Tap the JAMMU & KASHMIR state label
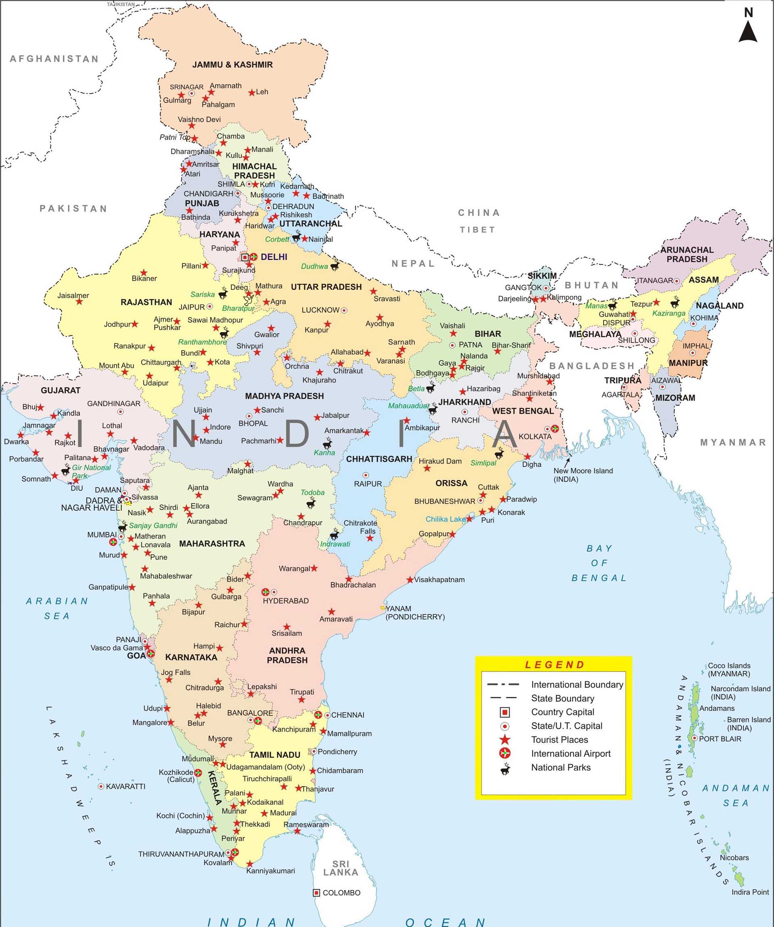(232, 64)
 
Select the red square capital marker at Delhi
(245, 257)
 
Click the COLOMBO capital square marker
(316, 893)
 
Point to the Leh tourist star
(252, 92)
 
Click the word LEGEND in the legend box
(554, 665)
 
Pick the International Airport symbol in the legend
(505, 754)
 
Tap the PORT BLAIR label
(720, 738)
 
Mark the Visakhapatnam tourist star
(410, 580)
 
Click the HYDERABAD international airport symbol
(265, 592)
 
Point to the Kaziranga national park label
(668, 313)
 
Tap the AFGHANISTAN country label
(54, 59)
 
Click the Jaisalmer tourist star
(79, 301)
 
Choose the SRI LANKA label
(340, 868)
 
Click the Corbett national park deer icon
(296, 237)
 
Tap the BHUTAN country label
(592, 285)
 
